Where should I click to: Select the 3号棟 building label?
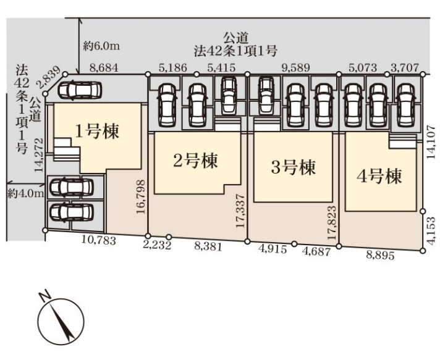point(294,167)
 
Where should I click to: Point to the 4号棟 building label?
point(379,177)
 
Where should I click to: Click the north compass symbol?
point(61,322)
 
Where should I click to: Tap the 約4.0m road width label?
point(26,193)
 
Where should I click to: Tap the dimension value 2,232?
point(156,245)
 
